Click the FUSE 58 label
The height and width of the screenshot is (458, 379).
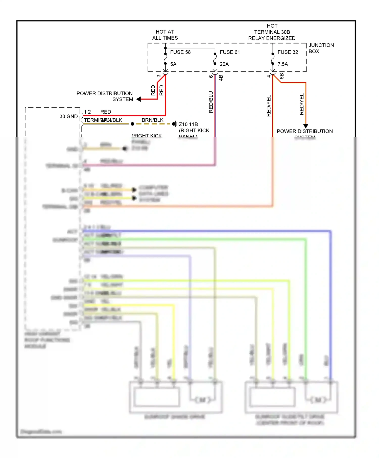click(x=180, y=52)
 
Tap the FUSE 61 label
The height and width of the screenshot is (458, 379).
click(x=229, y=52)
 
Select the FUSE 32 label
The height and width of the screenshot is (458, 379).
click(x=288, y=52)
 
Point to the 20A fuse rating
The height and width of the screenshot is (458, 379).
click(x=224, y=64)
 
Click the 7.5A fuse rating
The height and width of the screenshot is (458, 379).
click(x=282, y=64)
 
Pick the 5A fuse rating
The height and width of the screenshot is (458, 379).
click(x=173, y=64)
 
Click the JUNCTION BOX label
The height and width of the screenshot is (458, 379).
click(x=321, y=48)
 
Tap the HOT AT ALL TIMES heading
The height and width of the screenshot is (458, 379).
click(x=165, y=35)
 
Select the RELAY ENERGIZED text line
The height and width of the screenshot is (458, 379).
click(x=272, y=38)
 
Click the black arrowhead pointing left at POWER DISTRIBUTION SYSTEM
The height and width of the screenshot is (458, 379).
click(x=138, y=99)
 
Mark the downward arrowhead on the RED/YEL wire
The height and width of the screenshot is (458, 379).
click(x=306, y=126)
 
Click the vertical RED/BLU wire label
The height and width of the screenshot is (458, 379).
click(x=211, y=102)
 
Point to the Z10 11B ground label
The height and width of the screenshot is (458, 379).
click(x=188, y=124)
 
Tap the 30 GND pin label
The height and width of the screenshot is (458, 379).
click(x=68, y=116)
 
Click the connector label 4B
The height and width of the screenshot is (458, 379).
click(x=221, y=78)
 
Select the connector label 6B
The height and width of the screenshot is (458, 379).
click(x=282, y=76)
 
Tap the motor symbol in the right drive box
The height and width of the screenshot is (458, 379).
click(x=318, y=400)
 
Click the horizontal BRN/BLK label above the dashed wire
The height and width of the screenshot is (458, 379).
click(x=152, y=120)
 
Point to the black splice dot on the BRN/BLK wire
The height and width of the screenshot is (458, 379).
click(x=132, y=124)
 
